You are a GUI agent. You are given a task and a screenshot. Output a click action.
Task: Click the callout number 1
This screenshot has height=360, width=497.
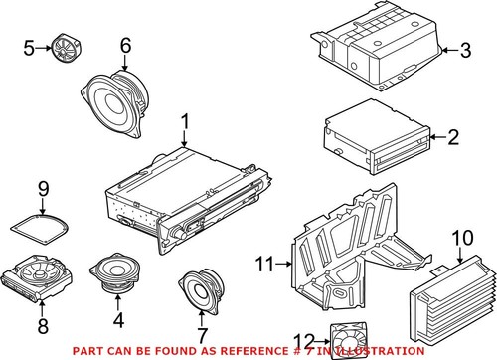184,122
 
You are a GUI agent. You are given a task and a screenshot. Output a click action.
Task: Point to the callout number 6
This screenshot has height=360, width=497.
125,45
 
